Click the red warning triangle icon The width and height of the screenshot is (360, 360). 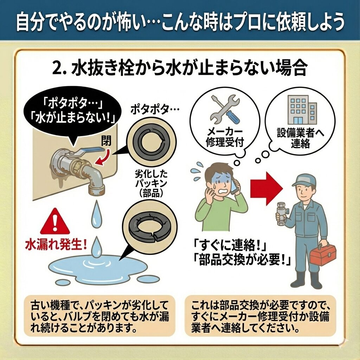pyautogui.click(x=55, y=221)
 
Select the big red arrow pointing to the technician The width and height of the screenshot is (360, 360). pyautogui.click(x=266, y=188)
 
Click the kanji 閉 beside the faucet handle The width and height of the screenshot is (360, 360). pyautogui.click(x=106, y=140)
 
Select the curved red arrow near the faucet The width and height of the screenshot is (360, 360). pyautogui.click(x=104, y=157)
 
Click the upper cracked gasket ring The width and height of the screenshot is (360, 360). pyautogui.click(x=152, y=144)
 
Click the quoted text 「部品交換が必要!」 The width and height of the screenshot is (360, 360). pyautogui.click(x=242, y=260)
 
